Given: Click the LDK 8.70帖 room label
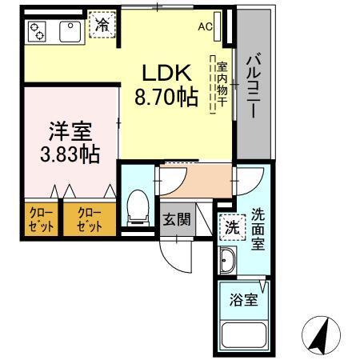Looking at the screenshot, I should click(x=166, y=86).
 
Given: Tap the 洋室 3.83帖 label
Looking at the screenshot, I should click(x=70, y=141).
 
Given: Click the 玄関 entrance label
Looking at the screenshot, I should click(x=176, y=218).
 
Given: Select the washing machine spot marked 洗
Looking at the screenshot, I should click(x=231, y=226).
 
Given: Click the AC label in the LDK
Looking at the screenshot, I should click(x=206, y=26).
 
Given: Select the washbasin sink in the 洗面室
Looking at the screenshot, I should click(x=226, y=261).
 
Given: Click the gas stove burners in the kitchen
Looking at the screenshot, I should click(x=38, y=32).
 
